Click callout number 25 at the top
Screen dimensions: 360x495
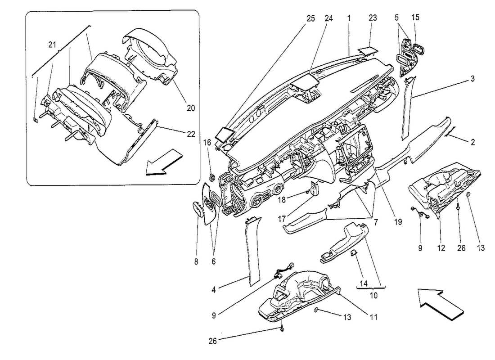point(310,18)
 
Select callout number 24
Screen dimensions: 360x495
point(329,18)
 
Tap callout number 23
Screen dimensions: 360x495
point(372,18)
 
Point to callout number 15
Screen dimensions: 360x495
point(415,18)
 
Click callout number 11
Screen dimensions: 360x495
point(373,317)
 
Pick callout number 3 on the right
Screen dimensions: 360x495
point(472,79)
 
